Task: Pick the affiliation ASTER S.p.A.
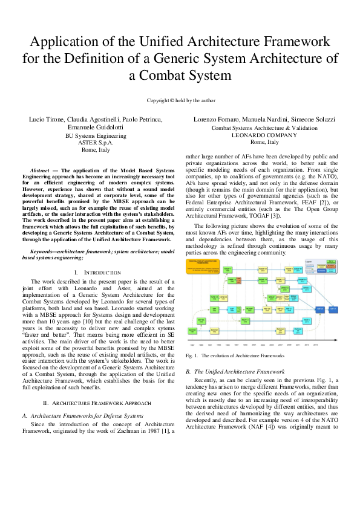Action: (x=96, y=143)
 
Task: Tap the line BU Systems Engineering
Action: (x=96, y=136)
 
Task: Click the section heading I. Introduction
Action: (x=96, y=273)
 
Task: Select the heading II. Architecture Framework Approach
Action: (x=96, y=402)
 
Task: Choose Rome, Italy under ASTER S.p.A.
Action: (x=96, y=150)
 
